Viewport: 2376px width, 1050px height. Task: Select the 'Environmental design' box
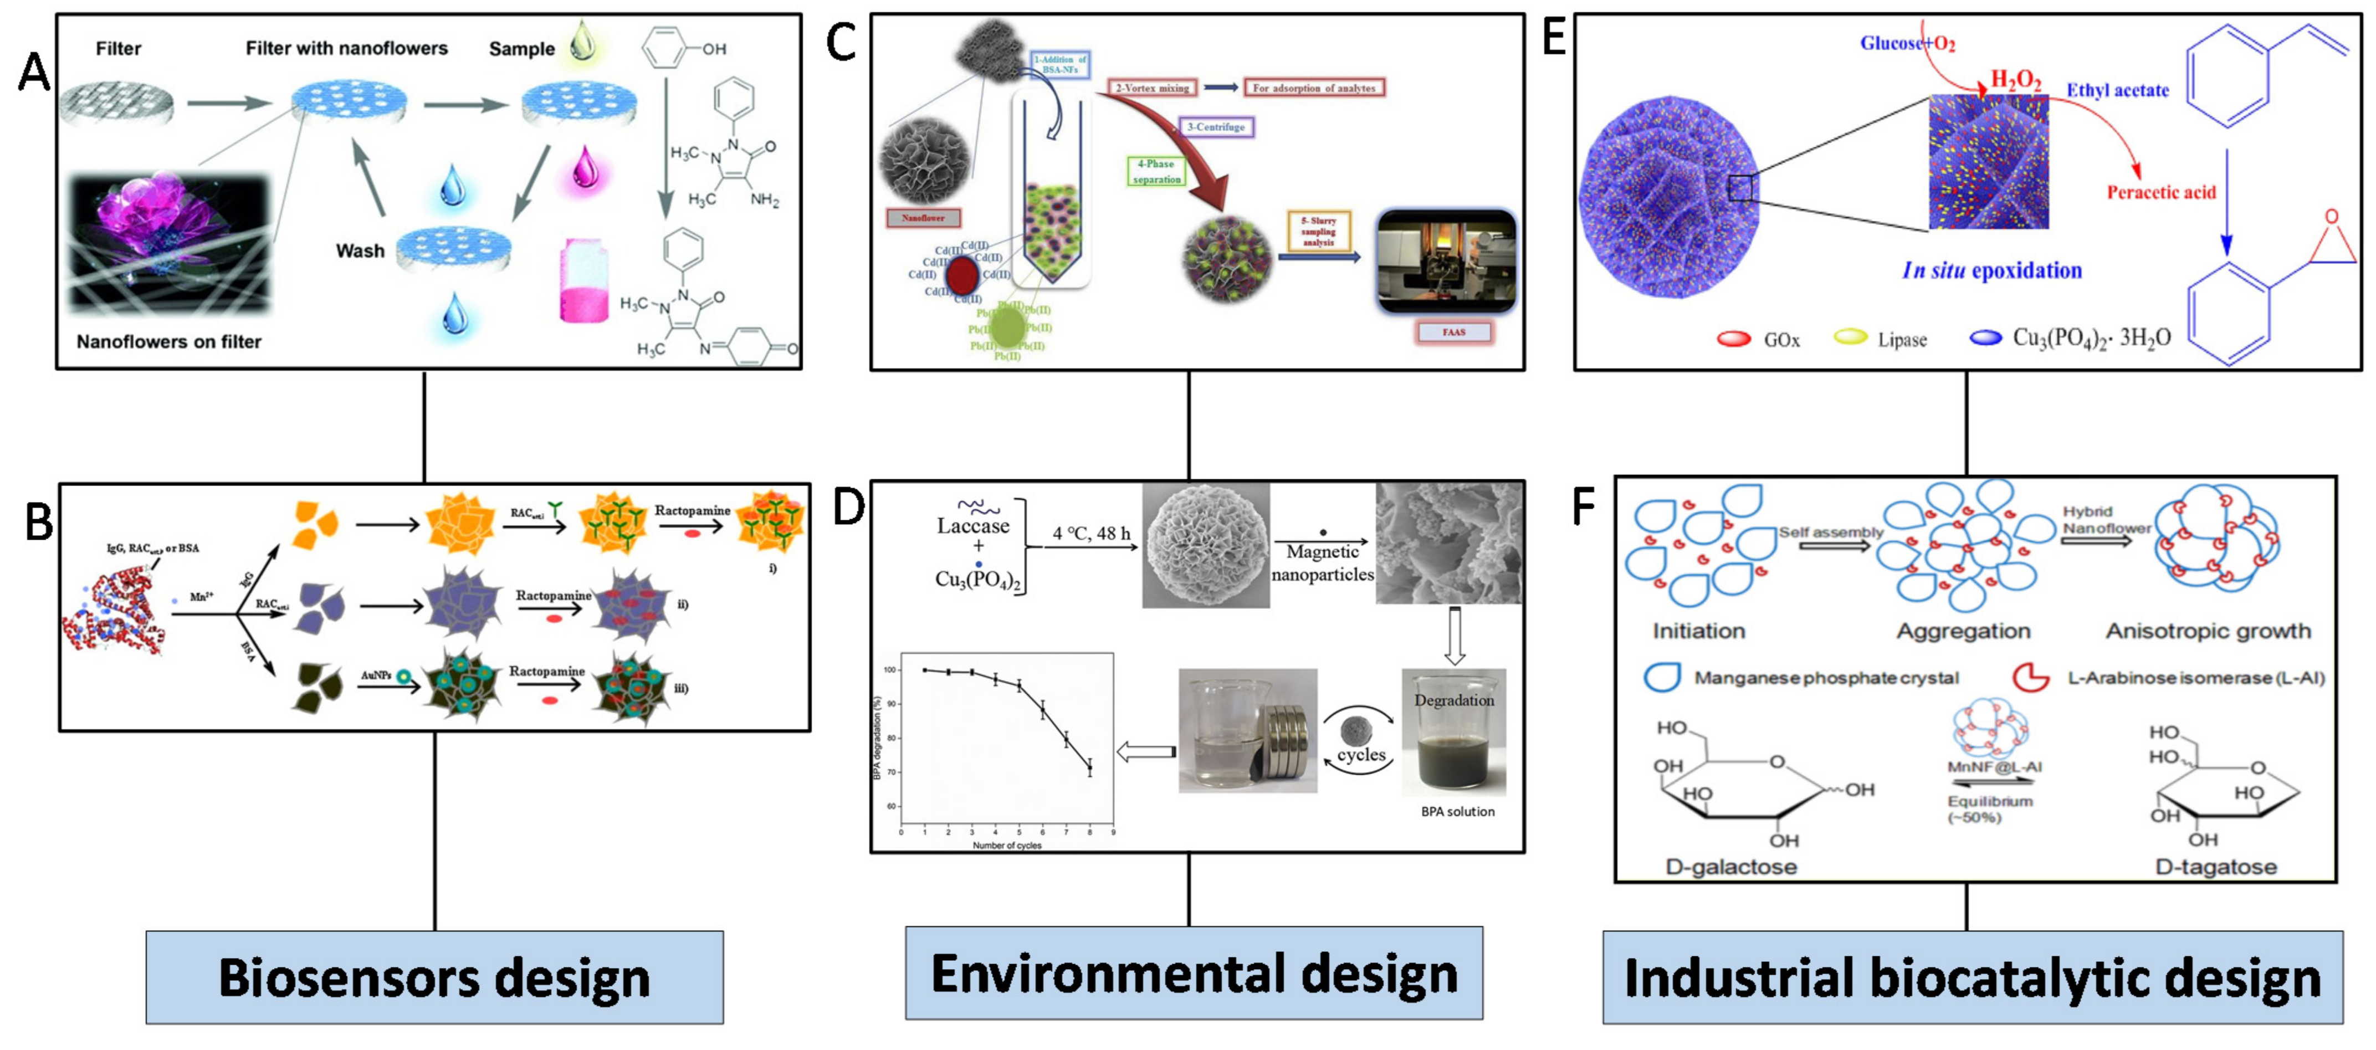(x=1194, y=974)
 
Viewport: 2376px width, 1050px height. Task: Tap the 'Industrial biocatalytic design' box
(x=1972, y=977)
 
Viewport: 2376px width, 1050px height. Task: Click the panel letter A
(x=34, y=72)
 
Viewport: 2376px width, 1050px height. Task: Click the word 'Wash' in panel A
(x=360, y=251)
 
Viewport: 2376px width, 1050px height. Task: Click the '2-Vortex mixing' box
(x=1153, y=88)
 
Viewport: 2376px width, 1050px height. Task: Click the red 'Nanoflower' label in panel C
(x=923, y=218)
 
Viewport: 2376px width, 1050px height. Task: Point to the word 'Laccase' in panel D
(x=973, y=526)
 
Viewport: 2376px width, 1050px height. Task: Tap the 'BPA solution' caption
(x=1457, y=812)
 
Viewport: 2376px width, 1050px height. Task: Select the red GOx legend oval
(x=1733, y=339)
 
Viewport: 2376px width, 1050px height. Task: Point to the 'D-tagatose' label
(x=2215, y=867)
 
